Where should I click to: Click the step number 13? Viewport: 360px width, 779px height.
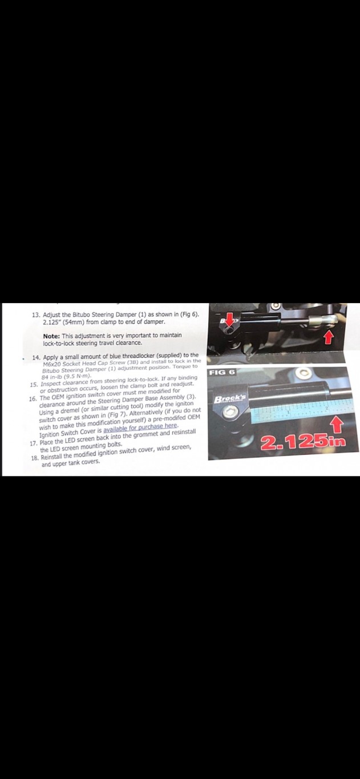pos(35,315)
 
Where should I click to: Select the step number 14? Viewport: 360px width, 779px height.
pos(36,356)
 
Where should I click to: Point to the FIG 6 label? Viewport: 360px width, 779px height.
pos(223,373)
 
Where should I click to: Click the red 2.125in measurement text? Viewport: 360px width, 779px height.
pos(304,443)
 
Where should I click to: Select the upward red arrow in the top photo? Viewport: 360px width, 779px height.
pos(328,338)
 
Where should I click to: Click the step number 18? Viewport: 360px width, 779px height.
pos(36,449)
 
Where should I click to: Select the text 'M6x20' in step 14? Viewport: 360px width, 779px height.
pos(53,362)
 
